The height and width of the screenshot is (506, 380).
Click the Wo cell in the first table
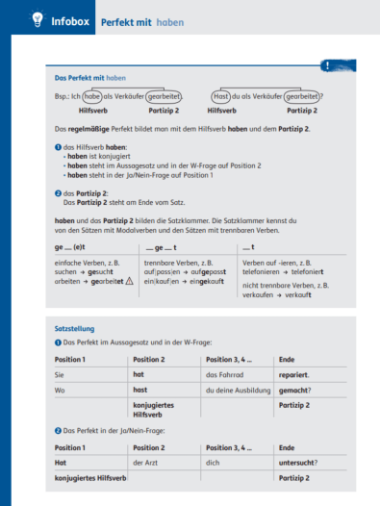pos(61,390)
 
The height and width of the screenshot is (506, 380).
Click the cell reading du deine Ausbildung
pos(235,390)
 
